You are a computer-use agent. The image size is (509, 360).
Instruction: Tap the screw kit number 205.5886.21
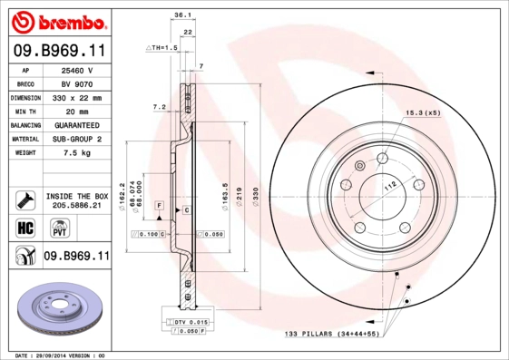click(x=77, y=206)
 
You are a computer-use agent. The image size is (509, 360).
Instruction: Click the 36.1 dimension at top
click(x=181, y=15)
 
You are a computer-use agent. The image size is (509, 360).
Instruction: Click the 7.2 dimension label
click(x=160, y=107)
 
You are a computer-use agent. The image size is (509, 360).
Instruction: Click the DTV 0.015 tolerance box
click(x=191, y=322)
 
